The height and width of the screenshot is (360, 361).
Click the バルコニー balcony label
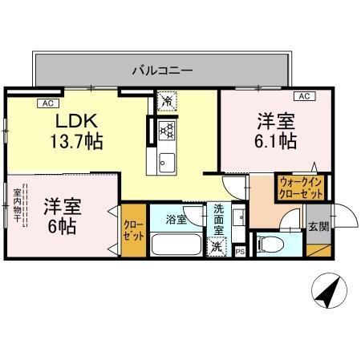(x=162, y=71)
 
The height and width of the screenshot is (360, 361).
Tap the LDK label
(x=76, y=122)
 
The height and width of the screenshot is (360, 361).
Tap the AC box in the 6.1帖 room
(x=305, y=97)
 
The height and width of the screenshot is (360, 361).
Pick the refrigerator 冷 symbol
(x=166, y=102)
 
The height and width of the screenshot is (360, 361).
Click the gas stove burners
(x=167, y=129)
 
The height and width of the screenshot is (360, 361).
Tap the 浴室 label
(x=176, y=219)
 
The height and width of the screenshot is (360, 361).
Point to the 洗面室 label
(x=219, y=219)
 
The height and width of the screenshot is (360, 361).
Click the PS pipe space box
(x=240, y=252)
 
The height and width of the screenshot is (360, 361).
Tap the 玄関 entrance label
(x=318, y=226)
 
